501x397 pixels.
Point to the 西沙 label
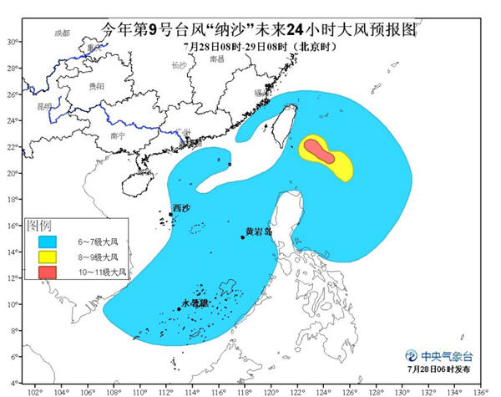click(x=181, y=207)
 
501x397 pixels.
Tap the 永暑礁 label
click(x=195, y=303)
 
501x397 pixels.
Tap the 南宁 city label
click(x=117, y=135)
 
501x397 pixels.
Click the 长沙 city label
click(x=179, y=64)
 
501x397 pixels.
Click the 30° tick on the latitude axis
click(x=12, y=41)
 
